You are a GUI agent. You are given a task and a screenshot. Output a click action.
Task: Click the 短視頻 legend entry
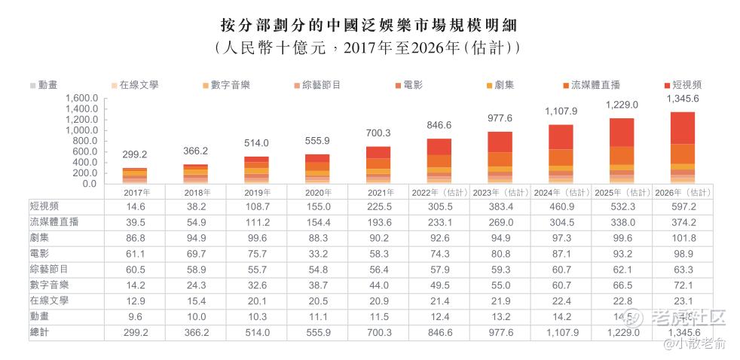tap(686, 84)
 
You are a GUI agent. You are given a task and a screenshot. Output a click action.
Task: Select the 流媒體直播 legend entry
tap(595, 84)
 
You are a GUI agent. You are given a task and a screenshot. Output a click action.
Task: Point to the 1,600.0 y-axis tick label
tap(82, 98)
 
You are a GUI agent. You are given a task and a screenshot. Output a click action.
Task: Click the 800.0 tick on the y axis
tap(85, 141)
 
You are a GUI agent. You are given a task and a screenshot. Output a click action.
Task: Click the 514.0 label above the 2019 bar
tap(258, 143)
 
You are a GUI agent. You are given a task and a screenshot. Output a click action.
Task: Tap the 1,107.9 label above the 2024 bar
tap(561, 111)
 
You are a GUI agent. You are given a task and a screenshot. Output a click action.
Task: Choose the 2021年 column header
tap(378, 193)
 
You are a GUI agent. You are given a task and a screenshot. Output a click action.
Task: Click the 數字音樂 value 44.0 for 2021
tap(378, 285)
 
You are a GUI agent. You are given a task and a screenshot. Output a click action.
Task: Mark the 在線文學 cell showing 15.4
tap(197, 301)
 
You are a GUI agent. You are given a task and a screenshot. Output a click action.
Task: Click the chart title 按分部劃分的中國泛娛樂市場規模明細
tap(369, 25)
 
